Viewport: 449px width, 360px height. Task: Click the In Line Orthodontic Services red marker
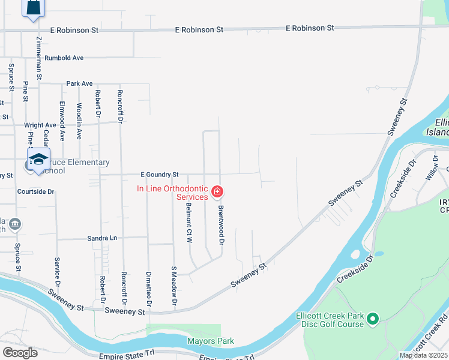(x=217, y=192)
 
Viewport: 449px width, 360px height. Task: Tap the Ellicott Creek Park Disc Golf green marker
(x=373, y=318)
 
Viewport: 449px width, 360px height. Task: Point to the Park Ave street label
(x=79, y=83)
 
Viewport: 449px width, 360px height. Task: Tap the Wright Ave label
(x=40, y=125)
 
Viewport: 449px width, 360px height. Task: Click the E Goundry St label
(x=160, y=175)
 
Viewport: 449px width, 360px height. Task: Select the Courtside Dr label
(x=36, y=192)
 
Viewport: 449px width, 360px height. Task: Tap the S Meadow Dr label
(x=174, y=286)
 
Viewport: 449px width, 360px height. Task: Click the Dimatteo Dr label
(x=148, y=287)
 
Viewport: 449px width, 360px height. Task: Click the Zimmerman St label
(x=39, y=58)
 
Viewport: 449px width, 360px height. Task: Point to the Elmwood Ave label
(x=62, y=112)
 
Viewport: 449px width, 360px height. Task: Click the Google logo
(x=20, y=353)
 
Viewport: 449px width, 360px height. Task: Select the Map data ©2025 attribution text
(x=423, y=355)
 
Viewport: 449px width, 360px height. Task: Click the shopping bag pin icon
(x=34, y=8)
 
